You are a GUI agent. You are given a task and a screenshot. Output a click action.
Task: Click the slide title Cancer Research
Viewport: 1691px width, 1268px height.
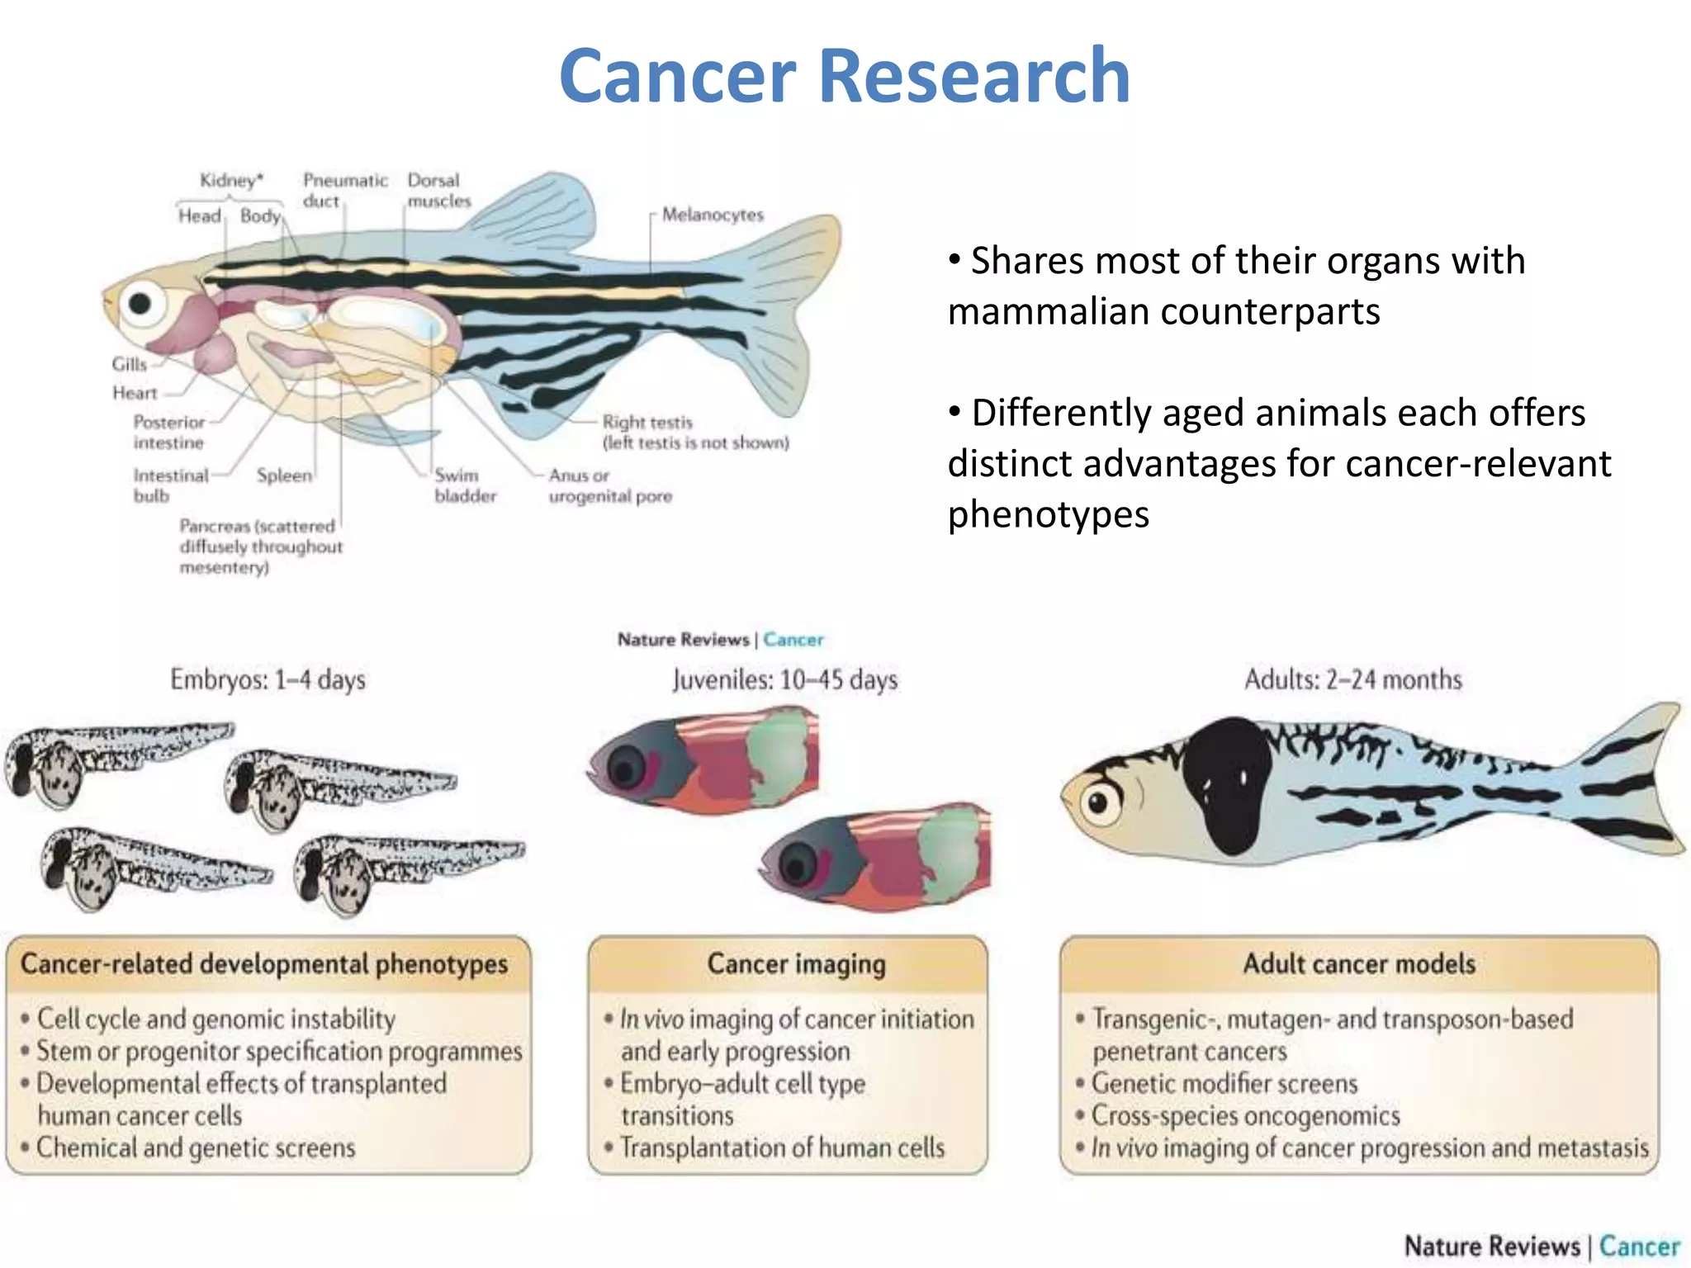844,76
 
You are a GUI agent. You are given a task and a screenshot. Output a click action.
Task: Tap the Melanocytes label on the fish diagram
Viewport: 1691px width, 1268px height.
713,215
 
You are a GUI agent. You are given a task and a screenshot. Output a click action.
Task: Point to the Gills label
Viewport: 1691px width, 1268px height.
129,364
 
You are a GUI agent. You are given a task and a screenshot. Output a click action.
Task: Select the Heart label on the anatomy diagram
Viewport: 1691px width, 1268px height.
135,393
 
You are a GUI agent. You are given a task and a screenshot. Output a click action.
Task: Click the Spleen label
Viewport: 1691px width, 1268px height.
284,475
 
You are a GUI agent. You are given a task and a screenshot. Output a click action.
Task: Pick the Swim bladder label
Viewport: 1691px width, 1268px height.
465,485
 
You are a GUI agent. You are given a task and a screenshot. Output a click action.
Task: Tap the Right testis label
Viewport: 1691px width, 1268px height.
647,422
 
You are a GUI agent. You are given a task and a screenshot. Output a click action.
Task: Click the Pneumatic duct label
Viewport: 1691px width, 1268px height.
344,190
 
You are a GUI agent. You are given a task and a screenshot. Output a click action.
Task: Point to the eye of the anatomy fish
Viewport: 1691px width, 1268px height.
140,303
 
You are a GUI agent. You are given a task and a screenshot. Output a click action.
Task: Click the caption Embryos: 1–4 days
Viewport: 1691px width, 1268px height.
268,679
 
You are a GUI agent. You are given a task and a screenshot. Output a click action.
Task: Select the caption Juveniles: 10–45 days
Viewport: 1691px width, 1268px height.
784,679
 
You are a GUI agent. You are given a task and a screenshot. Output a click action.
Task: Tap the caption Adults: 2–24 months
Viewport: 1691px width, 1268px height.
1352,679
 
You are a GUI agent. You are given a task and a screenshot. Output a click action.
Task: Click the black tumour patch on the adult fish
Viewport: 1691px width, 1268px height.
1225,784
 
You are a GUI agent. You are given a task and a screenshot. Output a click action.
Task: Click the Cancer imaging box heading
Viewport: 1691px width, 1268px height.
796,963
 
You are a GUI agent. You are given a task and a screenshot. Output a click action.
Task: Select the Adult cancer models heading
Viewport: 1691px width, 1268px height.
1359,963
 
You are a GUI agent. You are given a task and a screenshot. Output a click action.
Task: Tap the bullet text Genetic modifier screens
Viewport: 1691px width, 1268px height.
1224,1083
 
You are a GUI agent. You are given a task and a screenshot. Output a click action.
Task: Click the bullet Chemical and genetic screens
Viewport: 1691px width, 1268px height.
196,1147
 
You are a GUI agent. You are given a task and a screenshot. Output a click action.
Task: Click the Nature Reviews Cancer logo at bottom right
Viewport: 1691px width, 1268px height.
1541,1245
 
